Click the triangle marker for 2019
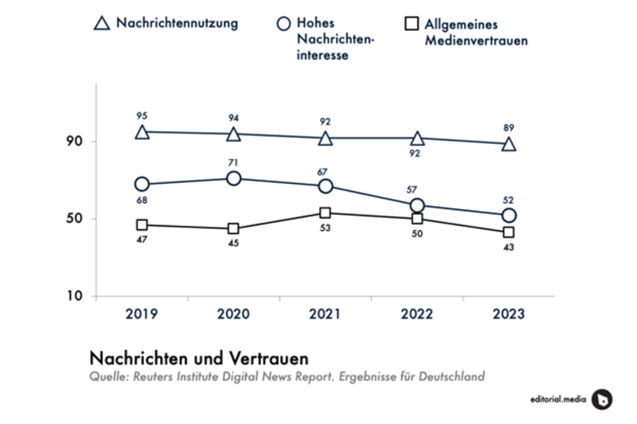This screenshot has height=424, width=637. [x=142, y=132]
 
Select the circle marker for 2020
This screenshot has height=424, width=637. [x=233, y=178]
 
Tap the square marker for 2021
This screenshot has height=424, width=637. [x=325, y=212]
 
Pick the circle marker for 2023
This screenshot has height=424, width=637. [x=509, y=216]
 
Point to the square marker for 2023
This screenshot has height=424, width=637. [x=509, y=232]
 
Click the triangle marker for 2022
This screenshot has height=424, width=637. [x=417, y=139]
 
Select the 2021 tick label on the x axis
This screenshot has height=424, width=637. [x=325, y=314]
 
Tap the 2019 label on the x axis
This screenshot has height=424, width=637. [x=142, y=314]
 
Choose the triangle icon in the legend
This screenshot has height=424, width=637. [x=101, y=24]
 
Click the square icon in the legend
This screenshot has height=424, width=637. [x=411, y=24]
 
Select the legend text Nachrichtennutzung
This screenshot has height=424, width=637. [x=177, y=23]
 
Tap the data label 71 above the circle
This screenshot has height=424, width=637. [x=233, y=162]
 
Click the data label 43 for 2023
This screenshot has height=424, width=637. [x=509, y=247]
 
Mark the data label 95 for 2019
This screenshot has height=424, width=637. [x=142, y=116]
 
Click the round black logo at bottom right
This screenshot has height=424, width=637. [x=603, y=399]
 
